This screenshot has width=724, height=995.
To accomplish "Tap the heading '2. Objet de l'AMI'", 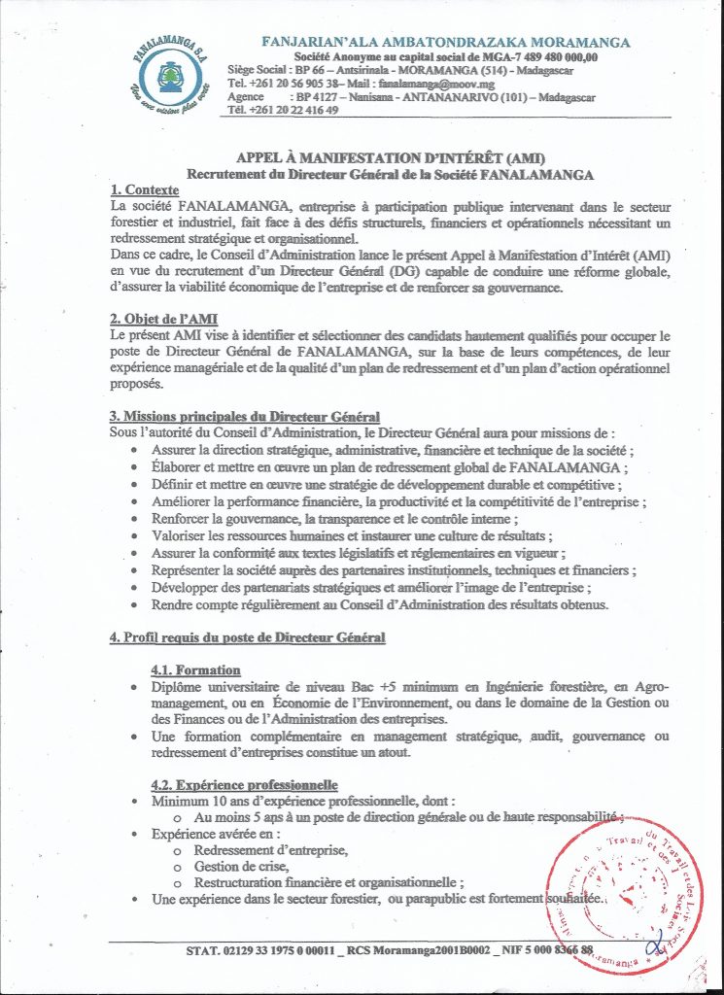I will [x=163, y=319].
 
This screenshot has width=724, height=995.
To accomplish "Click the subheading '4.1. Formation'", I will [x=195, y=670].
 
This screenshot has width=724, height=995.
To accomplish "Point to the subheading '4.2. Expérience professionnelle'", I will [x=244, y=785].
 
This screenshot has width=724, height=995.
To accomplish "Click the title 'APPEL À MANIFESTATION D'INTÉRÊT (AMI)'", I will [x=391, y=157].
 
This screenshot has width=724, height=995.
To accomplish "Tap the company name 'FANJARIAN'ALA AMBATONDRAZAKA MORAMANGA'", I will [x=445, y=43].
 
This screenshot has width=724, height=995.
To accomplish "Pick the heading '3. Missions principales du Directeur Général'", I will [x=244, y=416].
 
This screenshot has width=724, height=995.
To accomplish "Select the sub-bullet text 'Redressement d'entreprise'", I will [x=271, y=849].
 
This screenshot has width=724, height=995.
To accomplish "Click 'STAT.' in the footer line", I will [x=203, y=949].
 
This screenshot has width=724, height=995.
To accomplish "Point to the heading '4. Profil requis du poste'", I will [x=248, y=637].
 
